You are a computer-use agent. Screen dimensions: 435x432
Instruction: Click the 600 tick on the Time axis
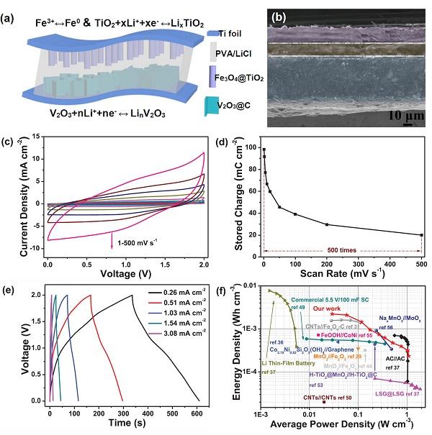click(x=196, y=407)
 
